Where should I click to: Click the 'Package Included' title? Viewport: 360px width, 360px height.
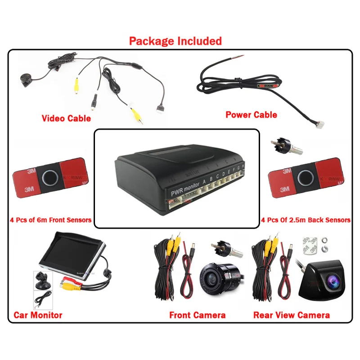pos(175,41)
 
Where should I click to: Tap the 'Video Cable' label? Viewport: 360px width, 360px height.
pos(66,118)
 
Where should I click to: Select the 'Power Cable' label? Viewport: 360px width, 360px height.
pos(251,115)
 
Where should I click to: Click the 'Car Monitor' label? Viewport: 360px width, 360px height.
pos(38,315)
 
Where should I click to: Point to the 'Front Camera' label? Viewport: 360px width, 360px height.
pos(197,315)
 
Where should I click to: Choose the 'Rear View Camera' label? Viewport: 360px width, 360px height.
pos(291,315)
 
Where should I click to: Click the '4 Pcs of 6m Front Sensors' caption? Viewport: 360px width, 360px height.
pos(50,220)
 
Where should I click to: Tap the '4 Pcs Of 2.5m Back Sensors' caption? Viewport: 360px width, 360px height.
pos(306,220)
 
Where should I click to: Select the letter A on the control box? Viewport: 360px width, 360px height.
pos(205,182)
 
